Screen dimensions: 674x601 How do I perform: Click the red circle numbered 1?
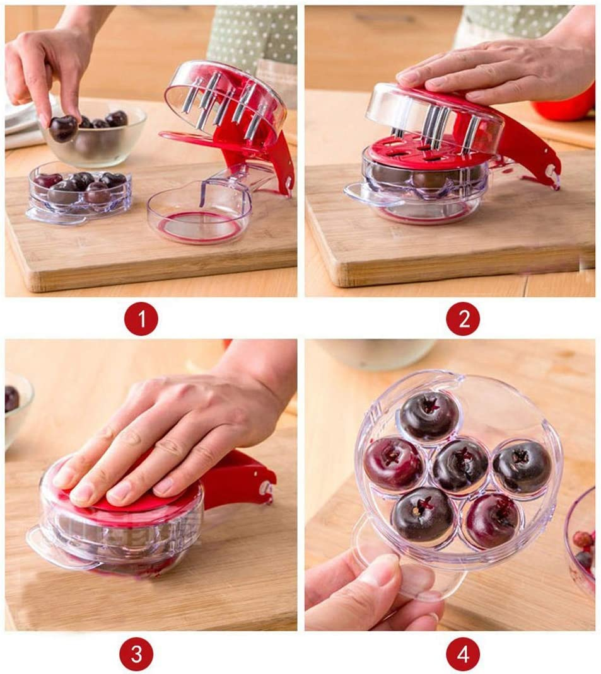pyautogui.click(x=141, y=319)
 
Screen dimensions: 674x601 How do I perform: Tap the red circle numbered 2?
pyautogui.click(x=463, y=319)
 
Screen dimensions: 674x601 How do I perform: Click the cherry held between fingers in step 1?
pyautogui.click(x=63, y=128)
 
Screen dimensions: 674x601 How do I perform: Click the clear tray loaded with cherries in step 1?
pyautogui.click(x=79, y=192)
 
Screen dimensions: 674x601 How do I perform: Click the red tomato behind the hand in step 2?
pyautogui.click(x=568, y=107)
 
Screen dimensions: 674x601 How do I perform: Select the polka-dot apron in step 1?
pyautogui.click(x=252, y=38)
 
